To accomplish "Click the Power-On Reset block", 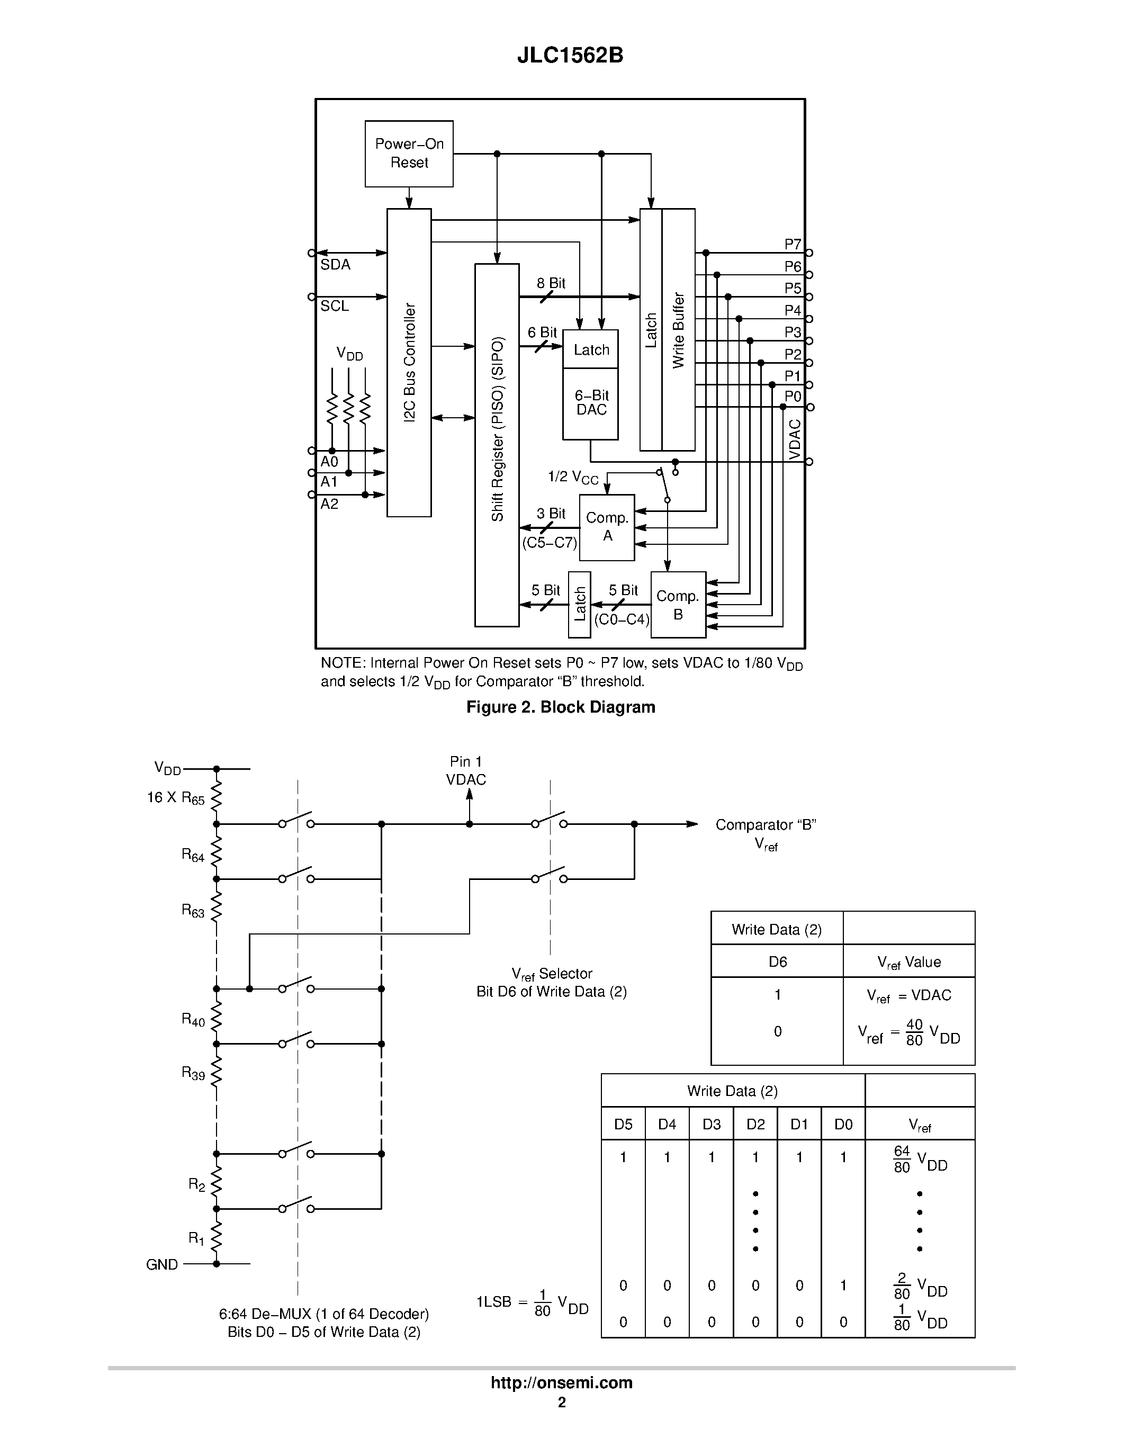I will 409,154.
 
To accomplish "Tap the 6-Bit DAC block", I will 590,403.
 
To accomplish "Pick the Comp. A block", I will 607,527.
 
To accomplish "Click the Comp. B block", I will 678,605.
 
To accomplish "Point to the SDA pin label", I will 335,265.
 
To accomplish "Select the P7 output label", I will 793,244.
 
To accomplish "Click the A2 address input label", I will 329,504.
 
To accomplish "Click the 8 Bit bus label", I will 551,283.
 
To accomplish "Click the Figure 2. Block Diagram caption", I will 561,707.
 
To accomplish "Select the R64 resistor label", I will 193,855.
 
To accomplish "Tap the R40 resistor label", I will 193,1019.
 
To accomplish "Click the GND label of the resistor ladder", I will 162,1265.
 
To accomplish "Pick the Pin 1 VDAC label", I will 466,771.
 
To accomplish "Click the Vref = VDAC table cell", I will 908,995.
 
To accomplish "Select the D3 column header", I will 711,1124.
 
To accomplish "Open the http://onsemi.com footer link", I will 561,1382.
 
